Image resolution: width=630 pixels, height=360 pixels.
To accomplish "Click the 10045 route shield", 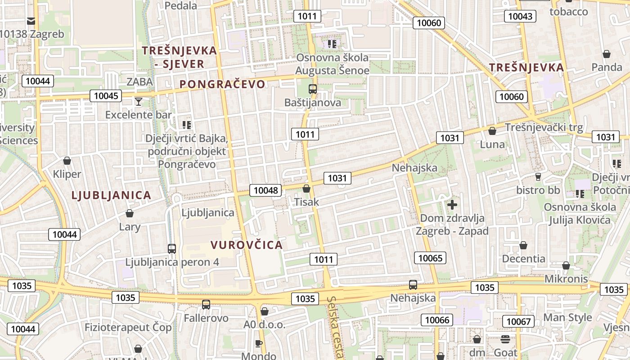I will [x=106, y=95].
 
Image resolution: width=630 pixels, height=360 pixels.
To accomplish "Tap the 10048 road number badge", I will [x=265, y=190].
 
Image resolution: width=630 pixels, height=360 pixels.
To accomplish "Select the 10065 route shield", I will [x=431, y=258].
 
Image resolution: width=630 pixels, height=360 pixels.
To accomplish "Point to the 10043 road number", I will [x=520, y=17].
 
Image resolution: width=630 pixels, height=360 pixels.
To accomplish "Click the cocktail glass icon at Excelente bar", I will [x=139, y=102].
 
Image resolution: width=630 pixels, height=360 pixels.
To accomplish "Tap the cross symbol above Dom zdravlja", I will [x=452, y=205].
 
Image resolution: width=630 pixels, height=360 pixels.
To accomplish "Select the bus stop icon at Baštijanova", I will [x=313, y=89].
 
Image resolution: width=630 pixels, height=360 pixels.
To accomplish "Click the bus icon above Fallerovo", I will [x=206, y=305].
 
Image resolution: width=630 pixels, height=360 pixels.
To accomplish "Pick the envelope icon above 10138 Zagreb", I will [x=31, y=21].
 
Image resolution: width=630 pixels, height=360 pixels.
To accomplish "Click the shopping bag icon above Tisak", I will [x=306, y=189].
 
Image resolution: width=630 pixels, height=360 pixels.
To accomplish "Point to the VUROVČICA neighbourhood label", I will [x=247, y=245].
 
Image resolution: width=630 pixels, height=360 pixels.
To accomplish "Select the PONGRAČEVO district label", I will [x=223, y=84].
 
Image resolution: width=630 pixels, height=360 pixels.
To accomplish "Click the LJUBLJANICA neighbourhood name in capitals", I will [x=111, y=195].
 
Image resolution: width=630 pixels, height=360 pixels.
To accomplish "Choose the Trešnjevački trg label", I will [x=544, y=127].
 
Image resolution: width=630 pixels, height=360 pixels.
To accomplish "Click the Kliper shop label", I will [x=67, y=174].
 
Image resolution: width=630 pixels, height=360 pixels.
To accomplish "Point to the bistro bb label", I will [x=538, y=190].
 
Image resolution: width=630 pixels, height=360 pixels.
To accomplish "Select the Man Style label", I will [x=568, y=317].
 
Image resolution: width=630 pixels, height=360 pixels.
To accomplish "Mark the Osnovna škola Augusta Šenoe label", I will [x=332, y=64].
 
